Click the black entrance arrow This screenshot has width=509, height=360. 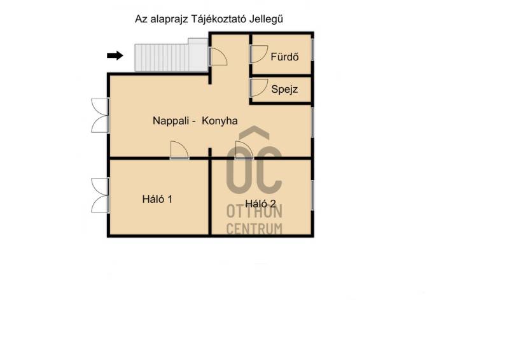(x=115, y=55)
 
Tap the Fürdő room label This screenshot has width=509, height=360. (x=284, y=57)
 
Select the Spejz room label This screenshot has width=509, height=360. (x=284, y=89)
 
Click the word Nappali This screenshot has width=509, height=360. (x=171, y=121)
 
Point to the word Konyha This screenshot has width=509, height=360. (x=220, y=121)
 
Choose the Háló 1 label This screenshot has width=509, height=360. (x=157, y=199)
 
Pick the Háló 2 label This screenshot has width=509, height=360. (x=260, y=204)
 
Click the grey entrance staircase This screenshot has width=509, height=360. (x=171, y=55)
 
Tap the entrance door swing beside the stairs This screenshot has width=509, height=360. (x=218, y=57)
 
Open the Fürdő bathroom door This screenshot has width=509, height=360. (x=259, y=54)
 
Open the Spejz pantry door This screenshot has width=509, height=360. (x=259, y=88)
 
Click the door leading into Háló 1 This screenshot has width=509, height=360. (x=179, y=150)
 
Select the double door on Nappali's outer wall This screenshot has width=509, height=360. (x=100, y=115)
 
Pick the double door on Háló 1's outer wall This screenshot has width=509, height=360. (x=100, y=195)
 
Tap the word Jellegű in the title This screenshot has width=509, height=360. (x=266, y=19)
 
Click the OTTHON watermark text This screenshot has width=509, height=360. (x=254, y=211)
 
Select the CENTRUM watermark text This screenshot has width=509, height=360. (x=254, y=229)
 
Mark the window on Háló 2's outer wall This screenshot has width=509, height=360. (x=312, y=195)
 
